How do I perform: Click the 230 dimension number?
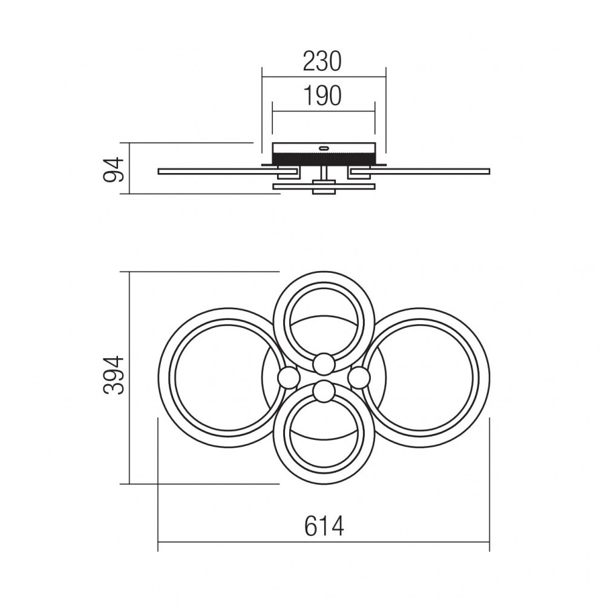322,62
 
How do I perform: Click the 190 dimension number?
323,96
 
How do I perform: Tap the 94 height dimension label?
114,169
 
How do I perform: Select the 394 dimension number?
114,375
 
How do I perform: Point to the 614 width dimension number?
324,526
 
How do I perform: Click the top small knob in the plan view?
323,364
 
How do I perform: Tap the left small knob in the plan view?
289,378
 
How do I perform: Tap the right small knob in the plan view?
359,378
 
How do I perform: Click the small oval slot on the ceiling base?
323,148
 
